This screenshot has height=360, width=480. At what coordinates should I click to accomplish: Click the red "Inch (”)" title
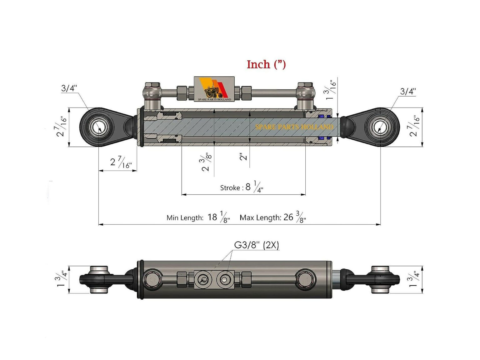click(266, 64)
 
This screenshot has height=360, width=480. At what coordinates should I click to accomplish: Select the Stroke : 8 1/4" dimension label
click(242, 187)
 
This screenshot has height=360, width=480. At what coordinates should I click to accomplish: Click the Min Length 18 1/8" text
click(198, 217)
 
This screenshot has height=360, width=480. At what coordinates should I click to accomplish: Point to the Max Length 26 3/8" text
click(272, 217)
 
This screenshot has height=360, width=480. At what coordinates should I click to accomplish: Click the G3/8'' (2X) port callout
click(256, 245)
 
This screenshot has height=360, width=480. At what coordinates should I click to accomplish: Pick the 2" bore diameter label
click(243, 156)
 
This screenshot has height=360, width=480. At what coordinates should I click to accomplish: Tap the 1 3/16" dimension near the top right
click(331, 90)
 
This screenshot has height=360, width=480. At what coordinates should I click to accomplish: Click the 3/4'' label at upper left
click(69, 88)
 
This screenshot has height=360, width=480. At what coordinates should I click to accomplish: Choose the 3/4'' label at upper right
click(408, 91)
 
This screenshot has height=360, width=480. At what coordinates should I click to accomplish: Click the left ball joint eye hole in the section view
click(99, 127)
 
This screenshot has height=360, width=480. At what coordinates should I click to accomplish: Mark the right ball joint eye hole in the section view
click(380, 127)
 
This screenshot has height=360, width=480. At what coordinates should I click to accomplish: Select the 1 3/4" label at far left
click(62, 279)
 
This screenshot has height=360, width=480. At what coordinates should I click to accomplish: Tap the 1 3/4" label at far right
click(414, 279)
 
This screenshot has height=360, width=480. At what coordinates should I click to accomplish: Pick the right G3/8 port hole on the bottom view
click(224, 279)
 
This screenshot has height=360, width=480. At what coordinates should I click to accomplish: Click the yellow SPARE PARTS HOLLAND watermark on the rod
click(294, 127)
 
